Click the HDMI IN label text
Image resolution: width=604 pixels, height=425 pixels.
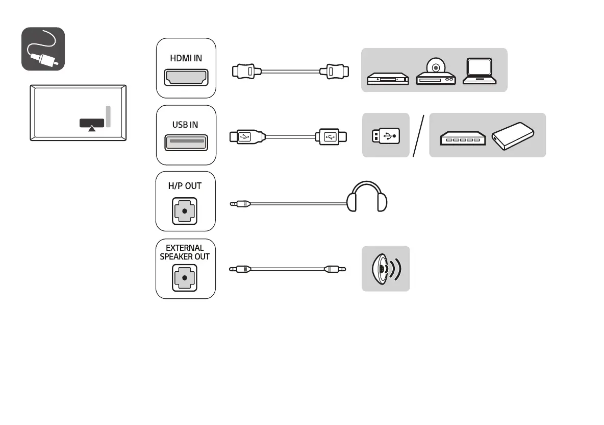(186, 58)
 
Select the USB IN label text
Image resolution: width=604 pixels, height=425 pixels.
(185, 125)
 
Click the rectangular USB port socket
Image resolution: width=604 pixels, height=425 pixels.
(186, 142)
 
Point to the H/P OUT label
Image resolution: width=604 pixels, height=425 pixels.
(185, 186)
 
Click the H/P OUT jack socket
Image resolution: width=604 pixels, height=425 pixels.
(185, 210)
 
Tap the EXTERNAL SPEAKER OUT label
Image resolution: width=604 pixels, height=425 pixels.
(185, 252)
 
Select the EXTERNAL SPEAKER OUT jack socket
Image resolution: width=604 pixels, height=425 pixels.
(185, 278)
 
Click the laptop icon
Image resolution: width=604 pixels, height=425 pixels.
(479, 72)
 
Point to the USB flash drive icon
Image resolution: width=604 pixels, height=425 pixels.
(386, 135)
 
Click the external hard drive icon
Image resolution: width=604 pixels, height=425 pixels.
(513, 136)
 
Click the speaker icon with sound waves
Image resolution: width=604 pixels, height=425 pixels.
(386, 269)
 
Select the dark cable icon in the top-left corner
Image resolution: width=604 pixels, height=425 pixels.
(43, 49)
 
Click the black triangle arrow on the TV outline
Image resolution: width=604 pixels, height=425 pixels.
(92, 129)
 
